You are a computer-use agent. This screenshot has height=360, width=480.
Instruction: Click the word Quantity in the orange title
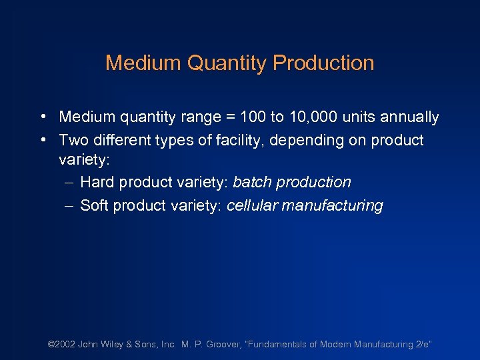tap(225, 63)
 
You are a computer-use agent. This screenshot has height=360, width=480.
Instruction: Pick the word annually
tap(411, 118)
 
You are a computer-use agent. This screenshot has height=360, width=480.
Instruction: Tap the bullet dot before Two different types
tap(43, 140)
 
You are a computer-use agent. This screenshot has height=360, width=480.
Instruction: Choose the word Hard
tap(96, 183)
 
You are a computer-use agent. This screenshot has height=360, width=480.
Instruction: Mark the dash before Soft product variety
tap(70, 206)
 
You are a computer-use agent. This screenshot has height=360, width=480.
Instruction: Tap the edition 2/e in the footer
tap(423, 345)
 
